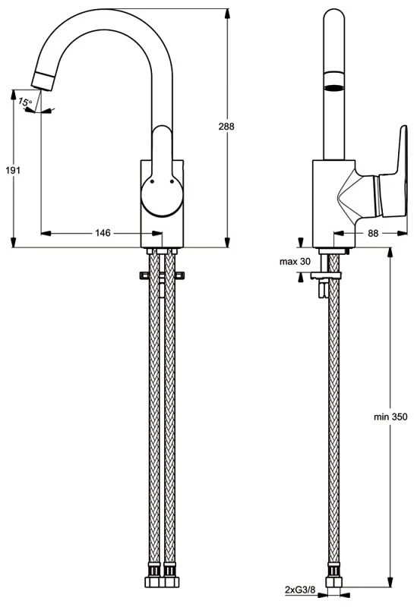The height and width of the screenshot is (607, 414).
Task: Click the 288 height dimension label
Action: [x=226, y=126]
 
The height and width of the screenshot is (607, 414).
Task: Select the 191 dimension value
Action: [x=13, y=170]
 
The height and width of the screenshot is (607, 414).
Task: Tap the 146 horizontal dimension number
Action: [x=103, y=233]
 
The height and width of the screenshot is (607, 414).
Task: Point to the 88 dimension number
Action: [x=373, y=233]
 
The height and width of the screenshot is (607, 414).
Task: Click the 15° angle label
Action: [x=25, y=102]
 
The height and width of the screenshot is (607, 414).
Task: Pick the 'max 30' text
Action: [x=295, y=262]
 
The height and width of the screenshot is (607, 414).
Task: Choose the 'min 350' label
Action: [x=390, y=417]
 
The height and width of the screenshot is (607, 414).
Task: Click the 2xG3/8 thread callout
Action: [x=300, y=590]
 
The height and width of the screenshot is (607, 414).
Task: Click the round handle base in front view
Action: [x=162, y=195]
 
